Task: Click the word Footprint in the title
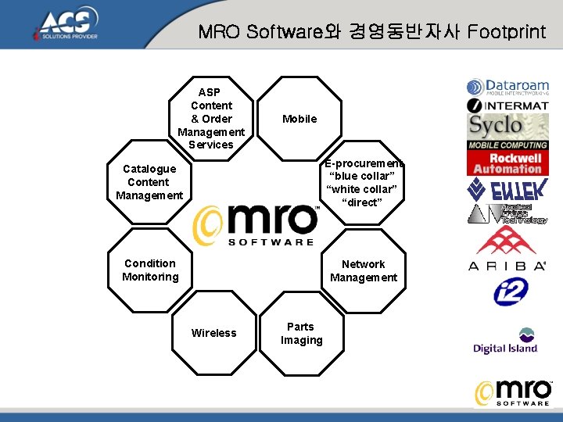click(506, 32)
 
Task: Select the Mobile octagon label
click(299, 119)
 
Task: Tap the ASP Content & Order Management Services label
click(211, 119)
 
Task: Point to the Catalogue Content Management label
click(149, 182)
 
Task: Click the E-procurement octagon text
click(364, 184)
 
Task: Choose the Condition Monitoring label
click(150, 270)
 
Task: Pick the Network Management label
click(364, 270)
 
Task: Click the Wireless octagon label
click(213, 333)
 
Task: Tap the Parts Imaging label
click(301, 333)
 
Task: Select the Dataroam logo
click(508, 88)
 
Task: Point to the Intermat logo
click(508, 105)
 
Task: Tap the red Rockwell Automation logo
click(507, 163)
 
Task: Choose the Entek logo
click(507, 189)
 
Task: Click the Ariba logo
click(507, 249)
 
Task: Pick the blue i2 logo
click(511, 291)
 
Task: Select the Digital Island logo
click(506, 341)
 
